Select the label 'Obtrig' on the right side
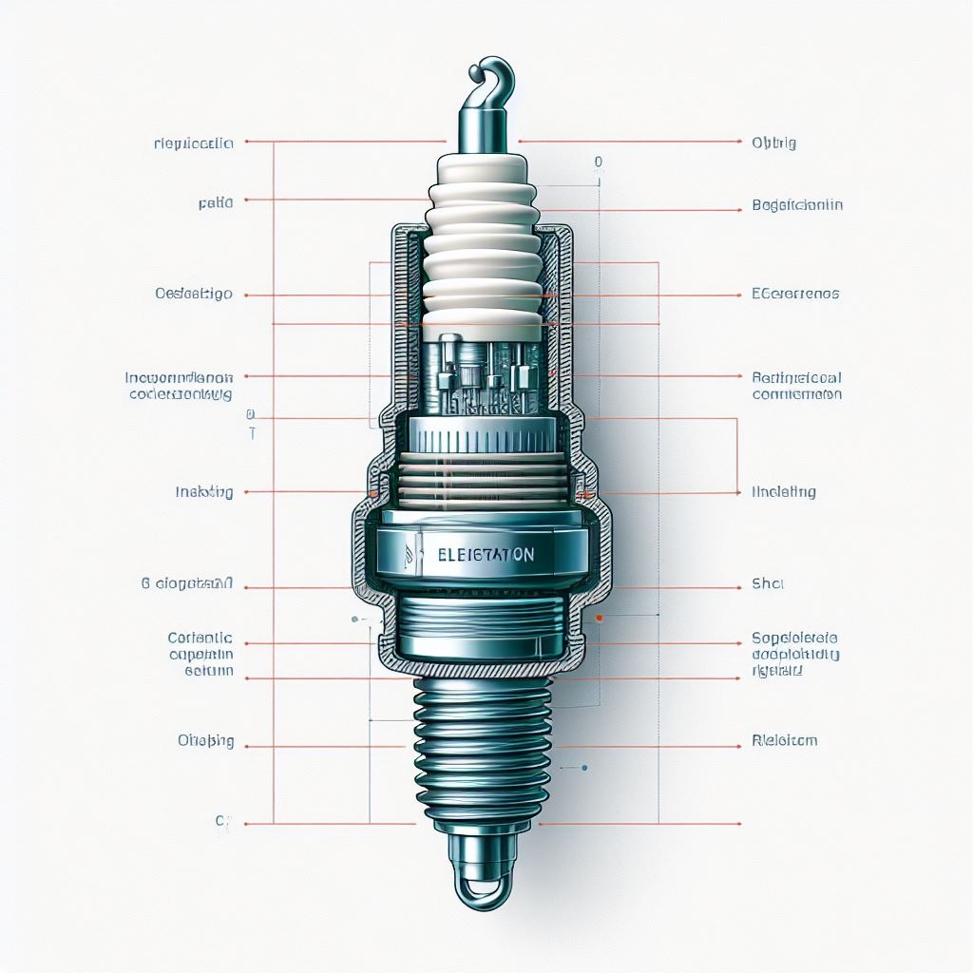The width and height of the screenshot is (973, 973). click(x=773, y=143)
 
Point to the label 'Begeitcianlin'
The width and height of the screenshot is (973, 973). click(x=796, y=204)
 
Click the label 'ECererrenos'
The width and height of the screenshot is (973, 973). click(x=795, y=294)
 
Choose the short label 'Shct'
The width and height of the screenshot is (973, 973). click(x=768, y=583)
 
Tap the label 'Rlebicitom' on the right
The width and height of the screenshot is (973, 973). click(x=784, y=740)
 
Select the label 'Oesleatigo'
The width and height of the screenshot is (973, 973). click(x=194, y=294)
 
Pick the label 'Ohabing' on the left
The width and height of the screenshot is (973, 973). click(x=205, y=740)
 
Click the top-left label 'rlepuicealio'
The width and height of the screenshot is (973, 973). click(x=193, y=143)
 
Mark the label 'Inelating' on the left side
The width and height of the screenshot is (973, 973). click(x=204, y=492)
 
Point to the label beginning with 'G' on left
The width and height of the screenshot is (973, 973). click(x=186, y=584)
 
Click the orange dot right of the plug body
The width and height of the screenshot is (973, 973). click(x=600, y=618)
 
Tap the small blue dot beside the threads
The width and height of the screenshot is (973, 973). click(x=584, y=767)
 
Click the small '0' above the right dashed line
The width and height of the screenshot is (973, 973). click(x=598, y=162)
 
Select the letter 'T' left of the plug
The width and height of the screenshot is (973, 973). click(x=252, y=433)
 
